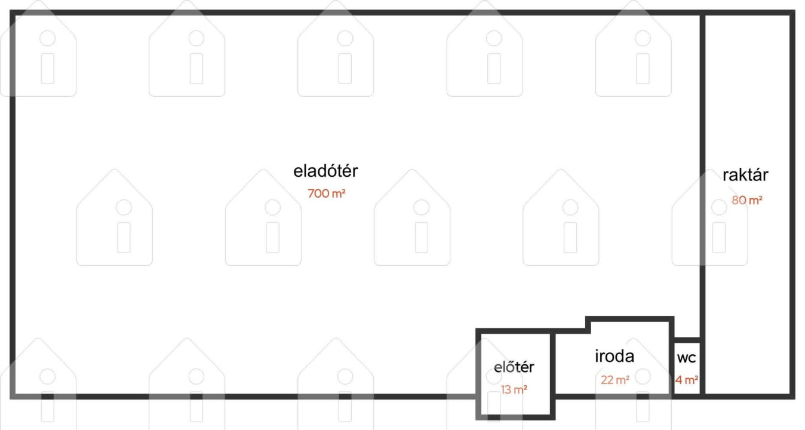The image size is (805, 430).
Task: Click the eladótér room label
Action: (x=325, y=171)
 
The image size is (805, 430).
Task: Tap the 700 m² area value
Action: (x=326, y=193)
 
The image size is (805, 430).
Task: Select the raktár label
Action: (x=745, y=175)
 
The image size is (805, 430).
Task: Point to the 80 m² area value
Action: (x=747, y=200)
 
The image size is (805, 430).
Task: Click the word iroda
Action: (x=614, y=357)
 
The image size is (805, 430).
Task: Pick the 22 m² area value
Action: (x=615, y=380)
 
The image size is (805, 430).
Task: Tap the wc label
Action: (x=686, y=358)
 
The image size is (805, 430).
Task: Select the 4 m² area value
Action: (x=686, y=380)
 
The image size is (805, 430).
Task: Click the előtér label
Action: (x=514, y=367)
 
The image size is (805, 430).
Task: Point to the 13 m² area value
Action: (x=514, y=389)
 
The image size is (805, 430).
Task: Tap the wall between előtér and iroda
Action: (x=553, y=374)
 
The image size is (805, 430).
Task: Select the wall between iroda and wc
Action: (x=671, y=358)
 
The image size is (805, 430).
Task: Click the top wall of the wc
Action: (x=687, y=340)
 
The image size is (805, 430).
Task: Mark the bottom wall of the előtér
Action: (x=515, y=417)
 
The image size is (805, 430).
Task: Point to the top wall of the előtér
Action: (x=515, y=331)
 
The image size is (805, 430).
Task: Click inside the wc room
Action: (x=687, y=368)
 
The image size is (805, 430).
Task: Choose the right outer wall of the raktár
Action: (x=792, y=205)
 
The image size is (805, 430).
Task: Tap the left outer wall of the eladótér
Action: (x=13, y=205)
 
